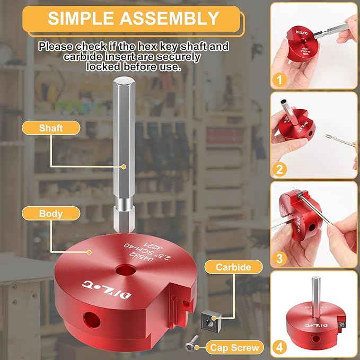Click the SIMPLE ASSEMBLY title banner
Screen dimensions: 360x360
tap(133, 18)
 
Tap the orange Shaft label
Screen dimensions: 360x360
tap(51, 128)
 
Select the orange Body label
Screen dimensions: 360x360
tap(50, 214)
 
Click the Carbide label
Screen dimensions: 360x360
tap(233, 267)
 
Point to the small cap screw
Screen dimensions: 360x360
tap(189, 346)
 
